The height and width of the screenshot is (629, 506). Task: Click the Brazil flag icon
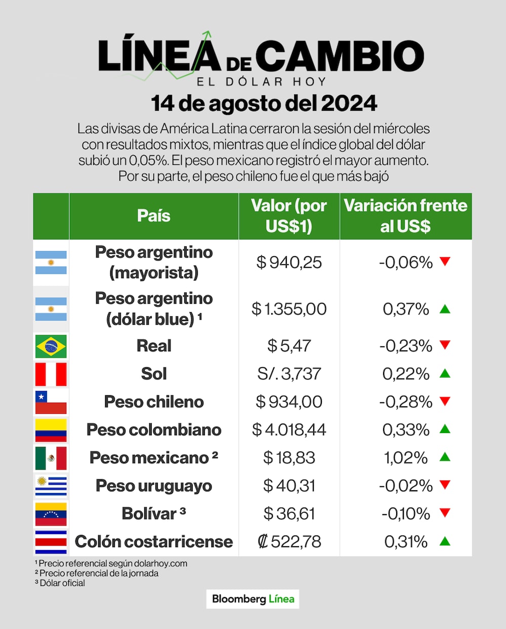51,346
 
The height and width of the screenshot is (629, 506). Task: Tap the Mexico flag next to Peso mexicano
51,458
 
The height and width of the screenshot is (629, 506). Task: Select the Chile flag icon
51,402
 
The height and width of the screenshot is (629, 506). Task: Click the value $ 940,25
289,262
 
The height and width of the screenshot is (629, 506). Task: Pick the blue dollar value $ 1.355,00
289,309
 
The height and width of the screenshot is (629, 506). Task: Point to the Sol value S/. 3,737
289,374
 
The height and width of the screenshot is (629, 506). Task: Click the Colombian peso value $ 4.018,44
289,430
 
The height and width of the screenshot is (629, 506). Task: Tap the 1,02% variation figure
406,458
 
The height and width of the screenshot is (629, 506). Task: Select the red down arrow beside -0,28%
445,401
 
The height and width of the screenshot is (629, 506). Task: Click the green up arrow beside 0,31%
445,541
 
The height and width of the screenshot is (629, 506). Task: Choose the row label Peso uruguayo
154,486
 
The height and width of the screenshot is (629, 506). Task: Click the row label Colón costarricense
154,541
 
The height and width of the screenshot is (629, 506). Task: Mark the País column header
154,216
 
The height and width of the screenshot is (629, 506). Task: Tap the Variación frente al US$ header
405,216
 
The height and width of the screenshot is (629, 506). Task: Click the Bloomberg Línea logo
253,599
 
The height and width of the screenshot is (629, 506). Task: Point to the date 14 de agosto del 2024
264,104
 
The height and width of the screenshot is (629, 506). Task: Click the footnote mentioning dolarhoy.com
111,563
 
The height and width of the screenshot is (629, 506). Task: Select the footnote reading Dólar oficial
60,583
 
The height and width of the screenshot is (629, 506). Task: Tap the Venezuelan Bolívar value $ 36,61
289,514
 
